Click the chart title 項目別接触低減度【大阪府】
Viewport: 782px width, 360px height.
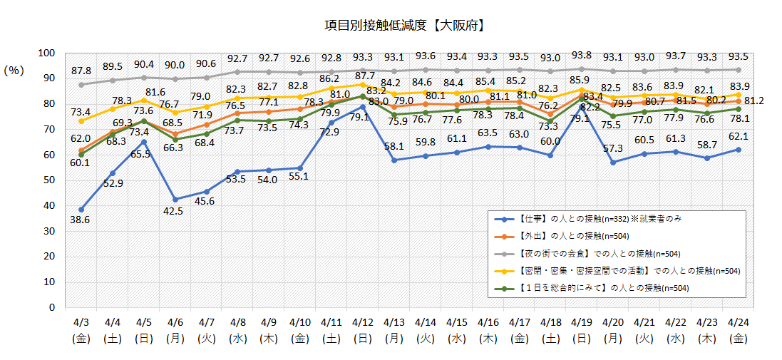[x=404, y=25]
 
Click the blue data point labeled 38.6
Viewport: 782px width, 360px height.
[x=81, y=210]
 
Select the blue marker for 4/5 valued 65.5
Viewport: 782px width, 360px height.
[x=144, y=141]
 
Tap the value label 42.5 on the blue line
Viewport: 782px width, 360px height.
[x=175, y=211]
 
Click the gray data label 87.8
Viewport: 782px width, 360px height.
[x=81, y=71]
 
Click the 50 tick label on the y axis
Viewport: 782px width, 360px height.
[x=49, y=180]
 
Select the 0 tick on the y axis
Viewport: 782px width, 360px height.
[x=52, y=308]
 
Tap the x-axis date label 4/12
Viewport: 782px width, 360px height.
[x=363, y=324]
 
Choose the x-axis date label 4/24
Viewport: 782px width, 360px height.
[x=737, y=324]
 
